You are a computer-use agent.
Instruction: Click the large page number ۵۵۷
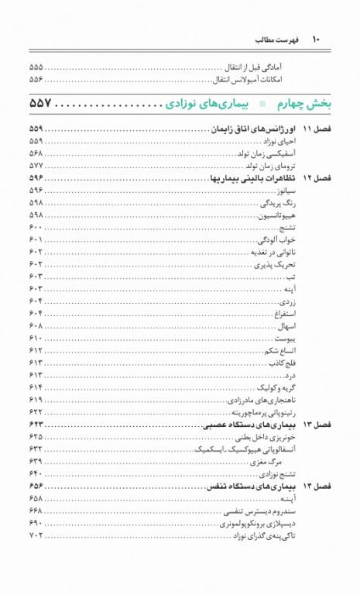(x=45, y=103)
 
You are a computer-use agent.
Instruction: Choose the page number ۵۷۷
(x=36, y=166)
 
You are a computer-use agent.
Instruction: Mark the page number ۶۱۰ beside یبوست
(x=36, y=339)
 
